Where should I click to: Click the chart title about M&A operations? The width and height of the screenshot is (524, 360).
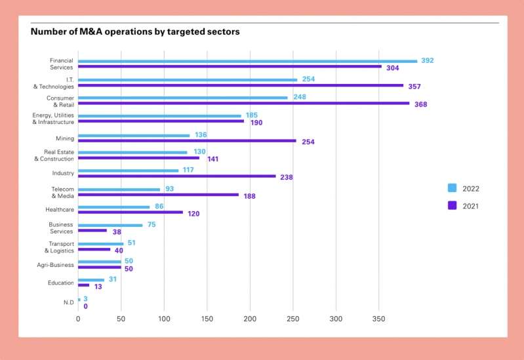point(135,31)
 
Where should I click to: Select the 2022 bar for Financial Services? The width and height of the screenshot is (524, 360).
point(247,61)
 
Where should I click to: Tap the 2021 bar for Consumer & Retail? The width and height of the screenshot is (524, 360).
point(243,103)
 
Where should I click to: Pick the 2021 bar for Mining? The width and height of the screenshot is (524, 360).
point(187,140)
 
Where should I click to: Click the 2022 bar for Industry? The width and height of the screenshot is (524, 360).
point(128,170)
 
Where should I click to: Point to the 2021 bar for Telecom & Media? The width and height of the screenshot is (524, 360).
point(158,195)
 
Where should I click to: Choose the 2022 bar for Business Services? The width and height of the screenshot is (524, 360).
point(110,225)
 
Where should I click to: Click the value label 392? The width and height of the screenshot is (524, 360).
point(428,60)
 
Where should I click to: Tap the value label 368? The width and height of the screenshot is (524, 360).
point(420,104)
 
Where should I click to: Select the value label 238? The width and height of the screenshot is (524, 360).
point(286,177)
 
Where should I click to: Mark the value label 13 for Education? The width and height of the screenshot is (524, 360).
point(98,286)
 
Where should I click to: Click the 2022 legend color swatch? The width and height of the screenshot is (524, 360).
point(452,188)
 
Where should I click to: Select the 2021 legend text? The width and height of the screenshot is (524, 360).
point(471,205)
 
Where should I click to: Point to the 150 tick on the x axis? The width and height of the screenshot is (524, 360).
point(207,319)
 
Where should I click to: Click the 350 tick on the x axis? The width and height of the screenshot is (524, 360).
point(379,319)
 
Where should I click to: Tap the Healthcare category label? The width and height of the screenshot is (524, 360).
point(60,209)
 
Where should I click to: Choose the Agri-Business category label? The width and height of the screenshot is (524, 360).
point(55,265)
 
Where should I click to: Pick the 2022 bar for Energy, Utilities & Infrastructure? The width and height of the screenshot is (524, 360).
point(159,115)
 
